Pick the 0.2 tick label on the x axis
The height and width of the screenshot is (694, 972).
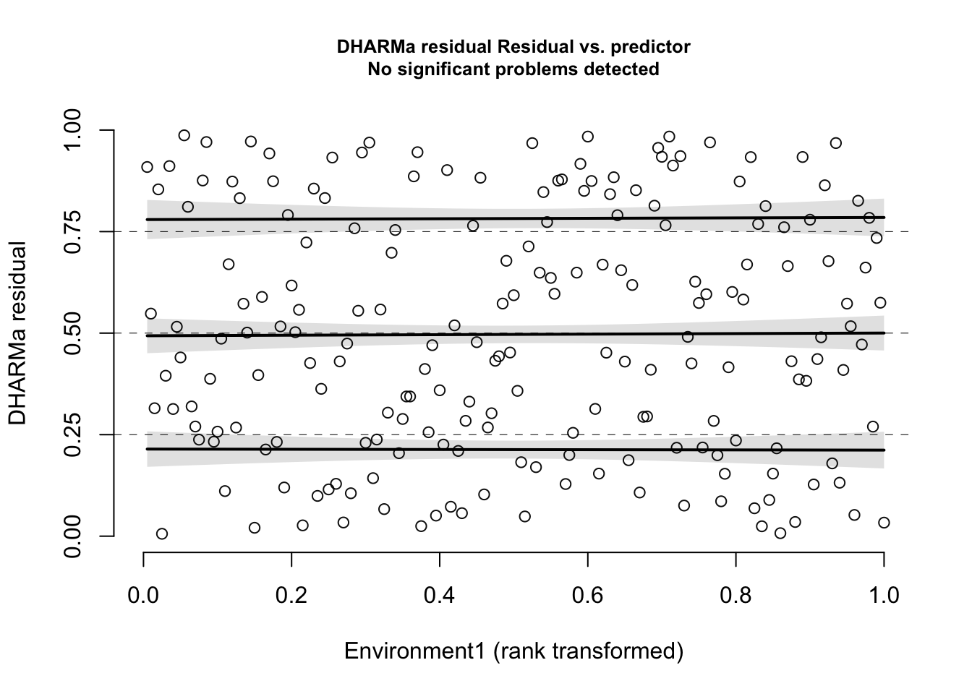(291, 595)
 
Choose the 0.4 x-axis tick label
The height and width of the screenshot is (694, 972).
(440, 595)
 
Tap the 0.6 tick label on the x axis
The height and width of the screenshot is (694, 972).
(588, 595)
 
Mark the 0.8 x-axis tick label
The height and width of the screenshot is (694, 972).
(736, 595)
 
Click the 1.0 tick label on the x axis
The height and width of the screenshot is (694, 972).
(884, 595)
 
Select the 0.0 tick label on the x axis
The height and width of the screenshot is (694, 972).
(144, 595)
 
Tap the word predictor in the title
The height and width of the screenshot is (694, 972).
(651, 47)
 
